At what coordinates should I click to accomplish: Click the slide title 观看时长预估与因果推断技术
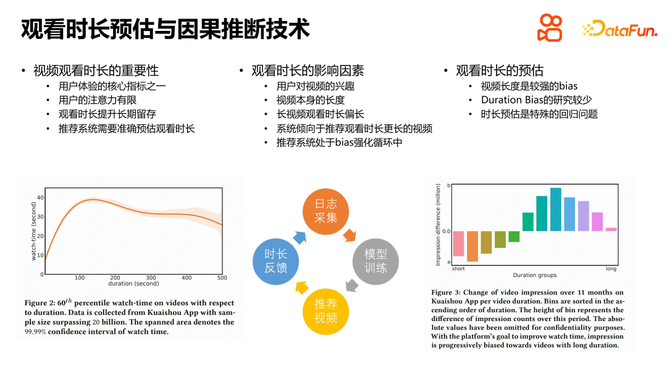tap(165, 28)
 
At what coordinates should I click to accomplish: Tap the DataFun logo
tap(619, 28)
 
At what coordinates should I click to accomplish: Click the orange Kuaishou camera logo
tap(550, 28)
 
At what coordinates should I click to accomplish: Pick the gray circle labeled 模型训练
tap(375, 260)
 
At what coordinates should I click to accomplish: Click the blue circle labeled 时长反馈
tap(276, 260)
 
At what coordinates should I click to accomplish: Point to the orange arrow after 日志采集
tap(350, 234)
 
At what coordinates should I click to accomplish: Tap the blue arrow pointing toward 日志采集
tap(300, 236)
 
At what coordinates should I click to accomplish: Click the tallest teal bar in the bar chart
tap(555, 209)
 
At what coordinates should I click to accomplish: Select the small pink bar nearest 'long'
tap(611, 229)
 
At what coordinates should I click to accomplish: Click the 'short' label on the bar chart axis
tap(458, 268)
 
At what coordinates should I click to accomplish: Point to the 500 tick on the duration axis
tap(222, 278)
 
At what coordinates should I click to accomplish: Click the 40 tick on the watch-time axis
tap(40, 198)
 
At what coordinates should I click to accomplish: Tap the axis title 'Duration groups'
tap(534, 275)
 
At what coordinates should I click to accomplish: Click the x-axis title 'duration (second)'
tap(133, 284)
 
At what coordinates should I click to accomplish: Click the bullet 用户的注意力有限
tap(98, 100)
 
